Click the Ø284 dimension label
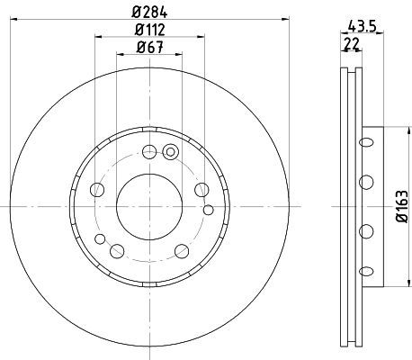149,12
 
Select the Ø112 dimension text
150,30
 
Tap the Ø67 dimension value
150,47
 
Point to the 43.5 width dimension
363,27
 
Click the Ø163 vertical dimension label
402,206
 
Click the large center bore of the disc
149,207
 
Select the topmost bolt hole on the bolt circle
149,152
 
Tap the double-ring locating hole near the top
170,152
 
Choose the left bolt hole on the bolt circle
97,190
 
